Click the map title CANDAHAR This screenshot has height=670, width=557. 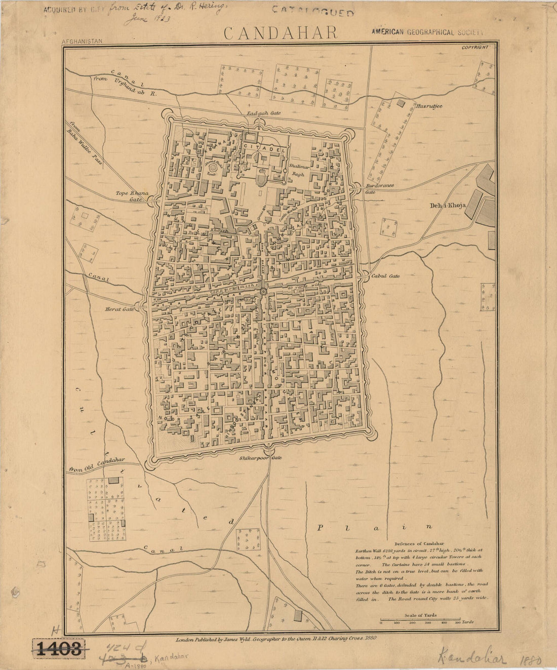coord(281,33)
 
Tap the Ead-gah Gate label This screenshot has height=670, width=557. coord(263,113)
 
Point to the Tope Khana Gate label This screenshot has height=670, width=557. coord(130,196)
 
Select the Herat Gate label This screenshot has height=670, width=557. coord(120,308)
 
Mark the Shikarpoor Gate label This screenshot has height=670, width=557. coord(260,457)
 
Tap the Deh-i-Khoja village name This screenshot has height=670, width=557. coord(448,205)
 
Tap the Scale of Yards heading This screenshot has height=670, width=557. coord(420,615)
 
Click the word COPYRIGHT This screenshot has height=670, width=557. coord(475,47)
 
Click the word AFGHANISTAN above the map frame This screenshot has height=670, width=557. coord(82,42)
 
